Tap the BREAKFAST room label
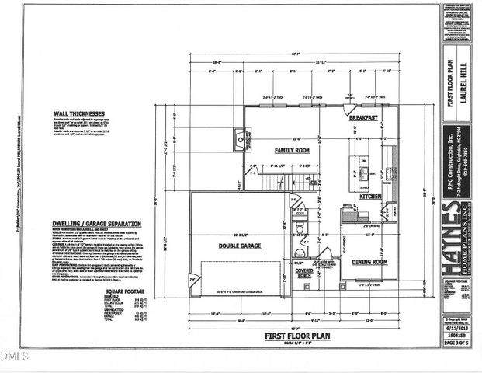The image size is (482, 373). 362,117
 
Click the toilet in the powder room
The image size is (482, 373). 300,228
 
